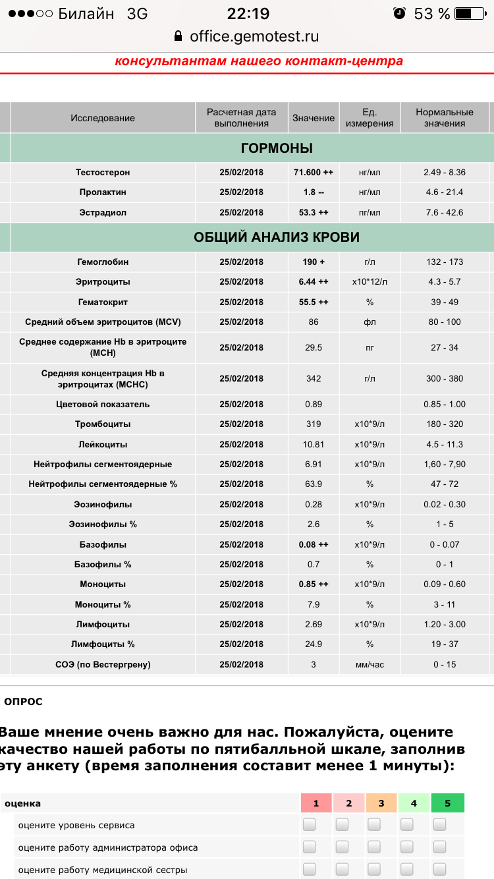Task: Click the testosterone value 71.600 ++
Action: [314, 173]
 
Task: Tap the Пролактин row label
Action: [103, 192]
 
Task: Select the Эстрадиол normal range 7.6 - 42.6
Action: [445, 213]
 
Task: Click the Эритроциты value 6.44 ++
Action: [314, 282]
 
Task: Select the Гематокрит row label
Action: [103, 302]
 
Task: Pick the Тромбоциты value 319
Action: [314, 424]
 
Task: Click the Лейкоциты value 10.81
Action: [314, 444]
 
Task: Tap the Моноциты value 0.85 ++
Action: [314, 584]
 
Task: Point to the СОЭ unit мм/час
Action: [370, 664]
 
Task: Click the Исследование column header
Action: [103, 118]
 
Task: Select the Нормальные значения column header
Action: [445, 118]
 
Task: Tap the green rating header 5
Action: [448, 803]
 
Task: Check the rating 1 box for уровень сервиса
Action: [309, 825]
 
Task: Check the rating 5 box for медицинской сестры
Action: [439, 869]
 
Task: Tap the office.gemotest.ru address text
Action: [254, 37]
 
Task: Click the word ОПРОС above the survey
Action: [23, 702]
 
